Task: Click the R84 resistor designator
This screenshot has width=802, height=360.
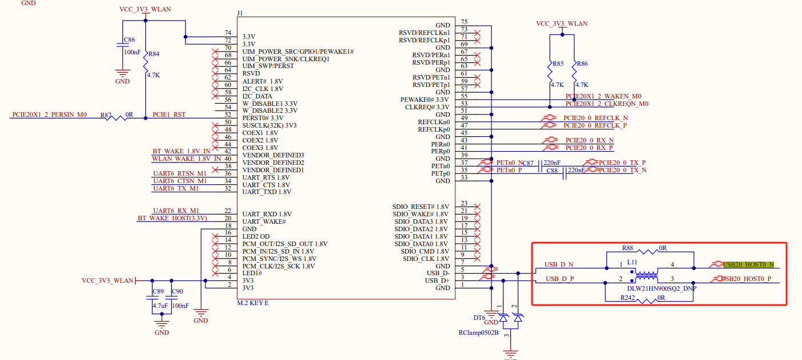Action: [x=154, y=54]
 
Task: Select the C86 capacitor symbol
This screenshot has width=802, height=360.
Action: [x=122, y=45]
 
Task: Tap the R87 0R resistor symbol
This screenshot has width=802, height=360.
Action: [x=116, y=118]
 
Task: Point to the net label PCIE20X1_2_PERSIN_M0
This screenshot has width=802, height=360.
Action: [x=49, y=114]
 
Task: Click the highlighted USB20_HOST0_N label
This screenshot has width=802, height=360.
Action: [x=749, y=264]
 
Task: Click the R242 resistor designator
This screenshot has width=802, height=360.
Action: [x=628, y=298]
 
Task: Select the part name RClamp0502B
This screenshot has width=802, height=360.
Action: [x=478, y=333]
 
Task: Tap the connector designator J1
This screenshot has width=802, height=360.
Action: [x=240, y=13]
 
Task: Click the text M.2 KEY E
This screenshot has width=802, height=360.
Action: [x=253, y=303]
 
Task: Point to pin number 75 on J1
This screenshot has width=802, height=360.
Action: [x=464, y=22]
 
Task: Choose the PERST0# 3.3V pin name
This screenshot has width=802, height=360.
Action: [x=263, y=118]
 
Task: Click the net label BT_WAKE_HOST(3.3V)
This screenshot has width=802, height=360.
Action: [x=172, y=218]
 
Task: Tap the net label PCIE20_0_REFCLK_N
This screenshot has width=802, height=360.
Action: [x=595, y=118]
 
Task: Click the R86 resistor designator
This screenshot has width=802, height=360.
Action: [x=582, y=64]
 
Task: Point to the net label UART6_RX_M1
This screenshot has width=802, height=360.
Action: [x=176, y=211]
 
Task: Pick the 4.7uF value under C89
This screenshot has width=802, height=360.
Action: [x=160, y=306]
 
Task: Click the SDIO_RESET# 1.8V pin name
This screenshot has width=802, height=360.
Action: [x=420, y=207]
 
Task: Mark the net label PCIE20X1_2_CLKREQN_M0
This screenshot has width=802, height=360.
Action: [x=607, y=104]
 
